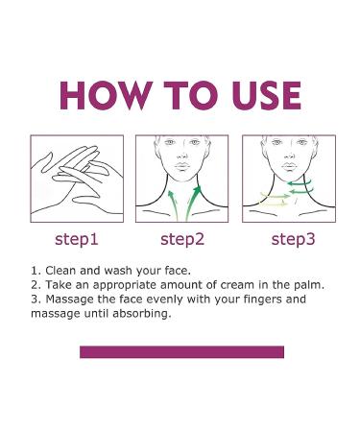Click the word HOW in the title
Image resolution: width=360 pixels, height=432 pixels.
tap(106, 96)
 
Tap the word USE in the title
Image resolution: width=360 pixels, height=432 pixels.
tap(267, 96)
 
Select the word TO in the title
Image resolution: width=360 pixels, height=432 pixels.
tap(192, 96)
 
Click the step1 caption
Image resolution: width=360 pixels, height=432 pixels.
tap(77, 240)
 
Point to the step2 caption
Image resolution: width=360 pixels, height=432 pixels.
tap(182, 240)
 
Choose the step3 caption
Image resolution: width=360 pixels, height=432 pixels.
tap(293, 240)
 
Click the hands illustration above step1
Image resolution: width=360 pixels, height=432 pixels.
tap(77, 180)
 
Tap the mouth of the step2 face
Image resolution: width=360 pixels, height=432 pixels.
tap(182, 166)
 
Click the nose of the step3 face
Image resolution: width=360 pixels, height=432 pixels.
tap(289, 156)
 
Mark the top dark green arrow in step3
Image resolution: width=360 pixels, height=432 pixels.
tap(300, 182)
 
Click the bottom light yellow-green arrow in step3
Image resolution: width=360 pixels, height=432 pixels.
tap(274, 203)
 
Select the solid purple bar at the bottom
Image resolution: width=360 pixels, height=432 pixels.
tap(181, 352)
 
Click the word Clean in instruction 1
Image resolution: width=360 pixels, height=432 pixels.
tap(60, 271)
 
